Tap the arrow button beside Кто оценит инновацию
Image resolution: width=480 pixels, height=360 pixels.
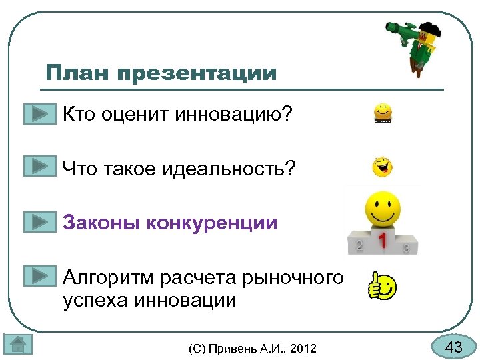[x=39, y=114]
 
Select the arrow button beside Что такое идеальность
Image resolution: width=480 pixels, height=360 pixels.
[x=39, y=166]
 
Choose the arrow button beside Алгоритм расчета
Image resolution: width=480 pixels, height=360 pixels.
[x=39, y=276]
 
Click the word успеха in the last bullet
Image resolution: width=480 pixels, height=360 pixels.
[x=94, y=300]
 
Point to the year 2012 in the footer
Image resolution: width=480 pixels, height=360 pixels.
[x=303, y=348]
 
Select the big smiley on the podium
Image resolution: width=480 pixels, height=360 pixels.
[x=382, y=209]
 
